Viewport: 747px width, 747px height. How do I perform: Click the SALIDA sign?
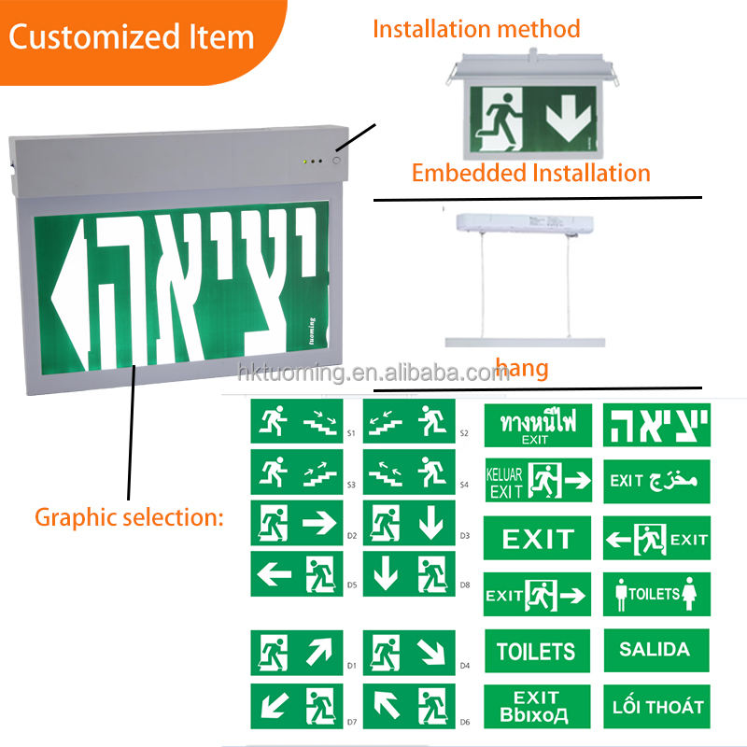click(x=655, y=650)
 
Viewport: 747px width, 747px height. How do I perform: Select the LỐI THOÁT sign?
click(x=655, y=707)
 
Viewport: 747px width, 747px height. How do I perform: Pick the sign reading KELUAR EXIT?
click(x=537, y=480)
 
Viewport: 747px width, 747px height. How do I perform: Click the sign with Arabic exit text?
click(x=655, y=480)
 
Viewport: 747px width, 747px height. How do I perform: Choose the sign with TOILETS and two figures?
click(x=655, y=593)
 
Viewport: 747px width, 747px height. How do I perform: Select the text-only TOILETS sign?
click(x=537, y=650)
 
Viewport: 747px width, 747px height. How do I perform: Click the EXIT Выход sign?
click(x=537, y=707)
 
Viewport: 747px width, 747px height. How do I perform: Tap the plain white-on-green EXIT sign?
click(x=537, y=538)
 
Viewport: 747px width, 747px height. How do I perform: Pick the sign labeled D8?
click(x=409, y=573)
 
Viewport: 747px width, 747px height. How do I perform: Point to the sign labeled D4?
click(x=409, y=653)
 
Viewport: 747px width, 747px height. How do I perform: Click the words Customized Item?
click(x=132, y=37)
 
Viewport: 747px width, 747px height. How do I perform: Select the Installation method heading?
click(x=476, y=28)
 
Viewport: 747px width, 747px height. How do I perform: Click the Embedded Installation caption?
click(x=530, y=173)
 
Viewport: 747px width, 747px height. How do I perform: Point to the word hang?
click(x=522, y=369)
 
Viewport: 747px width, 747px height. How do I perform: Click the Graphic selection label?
click(x=129, y=516)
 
